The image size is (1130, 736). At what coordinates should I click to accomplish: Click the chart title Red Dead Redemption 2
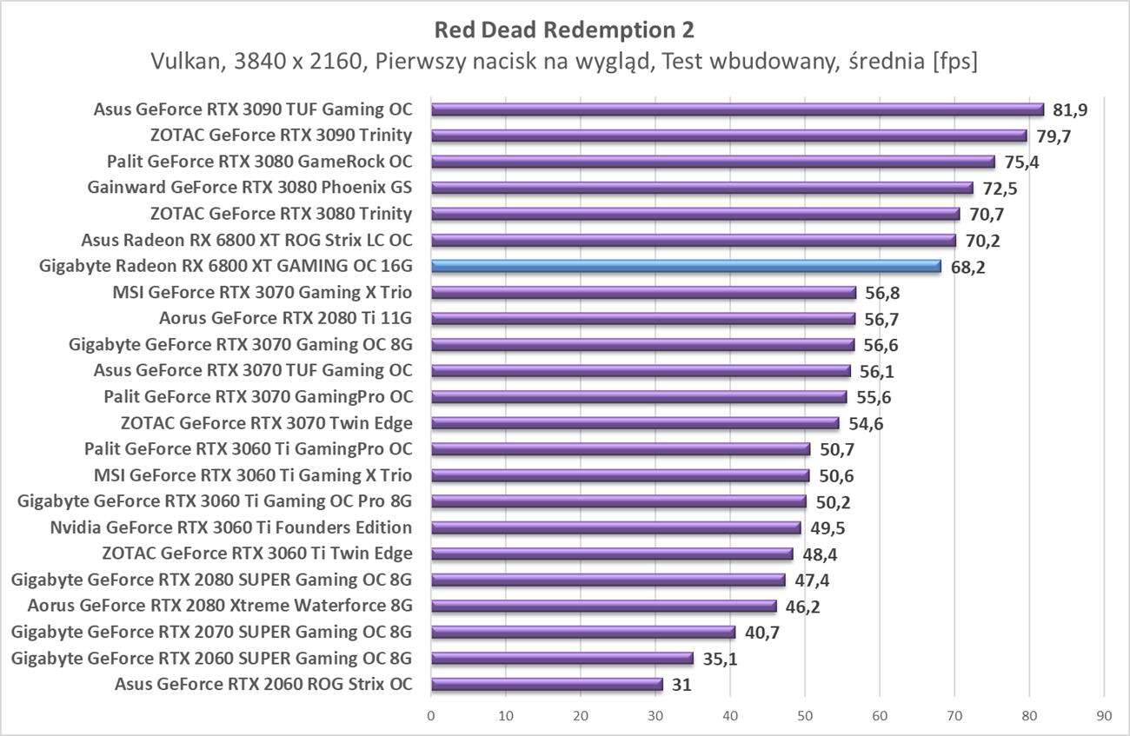click(x=564, y=30)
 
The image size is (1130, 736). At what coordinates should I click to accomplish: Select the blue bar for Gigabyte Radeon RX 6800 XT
click(x=686, y=266)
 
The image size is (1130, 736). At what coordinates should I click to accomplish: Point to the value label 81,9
click(x=1069, y=110)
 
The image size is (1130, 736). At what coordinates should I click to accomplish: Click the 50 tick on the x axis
click(x=805, y=716)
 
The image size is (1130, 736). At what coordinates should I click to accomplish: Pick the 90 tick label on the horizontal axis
click(x=1104, y=716)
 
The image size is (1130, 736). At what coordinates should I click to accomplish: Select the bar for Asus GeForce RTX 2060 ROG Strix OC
click(x=547, y=684)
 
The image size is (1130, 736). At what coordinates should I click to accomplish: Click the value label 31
click(x=681, y=685)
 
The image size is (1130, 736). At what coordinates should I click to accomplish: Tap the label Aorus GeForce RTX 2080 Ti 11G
click(x=285, y=318)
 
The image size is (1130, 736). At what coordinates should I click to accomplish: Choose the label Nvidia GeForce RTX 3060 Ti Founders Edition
click(x=230, y=527)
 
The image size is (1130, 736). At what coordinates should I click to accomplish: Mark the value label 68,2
click(x=967, y=267)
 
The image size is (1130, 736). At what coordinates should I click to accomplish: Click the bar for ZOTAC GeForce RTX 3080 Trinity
click(x=695, y=214)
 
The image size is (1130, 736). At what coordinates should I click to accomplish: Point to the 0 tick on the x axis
click(x=431, y=716)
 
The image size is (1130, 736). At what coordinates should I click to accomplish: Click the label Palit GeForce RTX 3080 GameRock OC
click(x=259, y=162)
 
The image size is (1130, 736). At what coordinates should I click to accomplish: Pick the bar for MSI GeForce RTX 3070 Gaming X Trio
click(x=643, y=292)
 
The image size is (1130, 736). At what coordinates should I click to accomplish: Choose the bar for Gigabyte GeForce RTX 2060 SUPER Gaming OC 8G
click(x=562, y=658)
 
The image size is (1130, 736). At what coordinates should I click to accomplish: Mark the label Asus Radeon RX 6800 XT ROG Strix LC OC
click(x=246, y=240)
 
